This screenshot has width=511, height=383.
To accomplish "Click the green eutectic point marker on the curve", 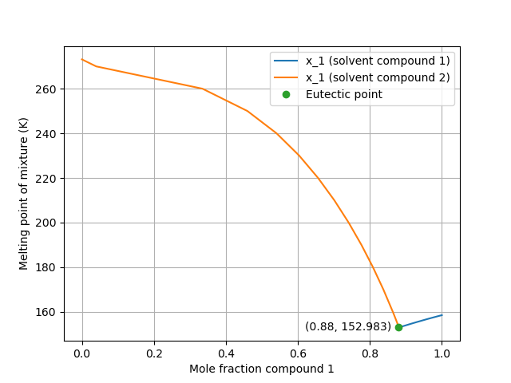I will click(x=398, y=327).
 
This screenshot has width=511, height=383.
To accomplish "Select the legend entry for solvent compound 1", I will click(x=378, y=61).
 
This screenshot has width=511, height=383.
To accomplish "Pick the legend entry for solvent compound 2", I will click(x=378, y=77).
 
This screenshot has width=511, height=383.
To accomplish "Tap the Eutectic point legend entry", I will click(x=344, y=94).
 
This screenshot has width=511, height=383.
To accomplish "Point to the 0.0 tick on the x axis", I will click(x=82, y=353).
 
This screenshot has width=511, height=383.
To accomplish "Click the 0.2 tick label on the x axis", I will click(x=154, y=353).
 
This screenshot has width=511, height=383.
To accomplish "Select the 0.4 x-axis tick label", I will click(x=226, y=353).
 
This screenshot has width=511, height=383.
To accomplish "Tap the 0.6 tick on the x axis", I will click(x=298, y=353).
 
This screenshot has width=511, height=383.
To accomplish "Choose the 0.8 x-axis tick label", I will click(x=370, y=353).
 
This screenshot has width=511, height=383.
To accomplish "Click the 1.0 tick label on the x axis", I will click(x=442, y=353).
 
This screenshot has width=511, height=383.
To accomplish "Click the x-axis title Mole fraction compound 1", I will click(x=261, y=369).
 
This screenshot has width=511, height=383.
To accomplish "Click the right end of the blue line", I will click(x=442, y=314).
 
